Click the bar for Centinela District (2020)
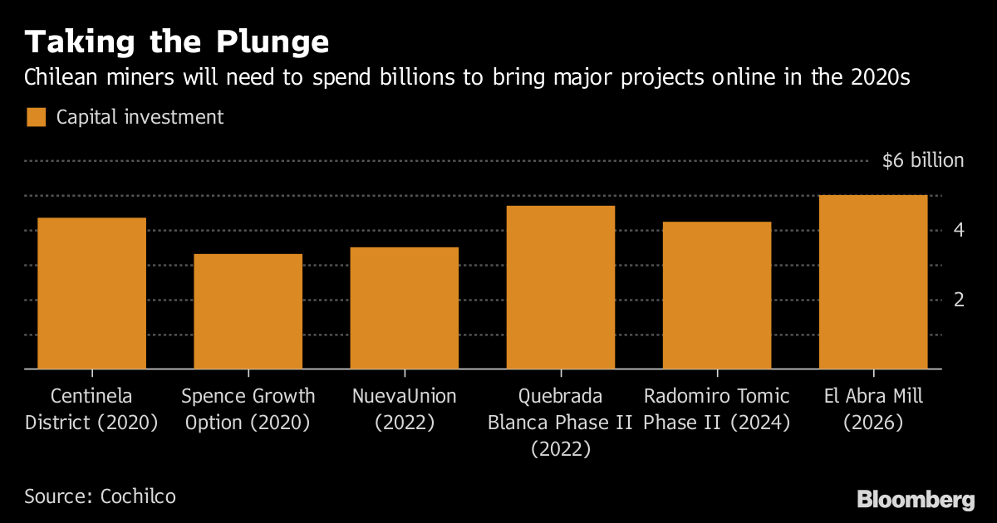tap(91, 293)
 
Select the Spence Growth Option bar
tap(248, 311)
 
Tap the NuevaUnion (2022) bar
tap(404, 308)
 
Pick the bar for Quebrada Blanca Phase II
tap(560, 287)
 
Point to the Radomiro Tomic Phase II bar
tap(716, 296)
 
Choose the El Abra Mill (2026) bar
tap(872, 282)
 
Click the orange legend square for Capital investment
tap(36, 117)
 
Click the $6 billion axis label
tap(922, 161)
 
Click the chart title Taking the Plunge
tap(176, 42)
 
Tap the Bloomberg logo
tap(916, 500)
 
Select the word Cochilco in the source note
tap(138, 496)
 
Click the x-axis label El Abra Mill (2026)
tap(872, 409)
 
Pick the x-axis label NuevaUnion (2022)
tap(404, 409)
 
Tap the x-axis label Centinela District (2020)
tap(91, 409)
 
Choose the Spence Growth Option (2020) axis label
tap(248, 409)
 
